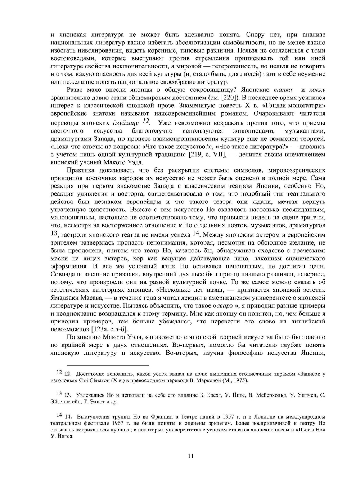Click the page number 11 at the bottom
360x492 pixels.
[191, 456]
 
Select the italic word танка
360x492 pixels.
[283, 90]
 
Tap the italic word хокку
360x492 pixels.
[317, 90]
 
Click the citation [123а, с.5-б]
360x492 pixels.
[110, 329]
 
